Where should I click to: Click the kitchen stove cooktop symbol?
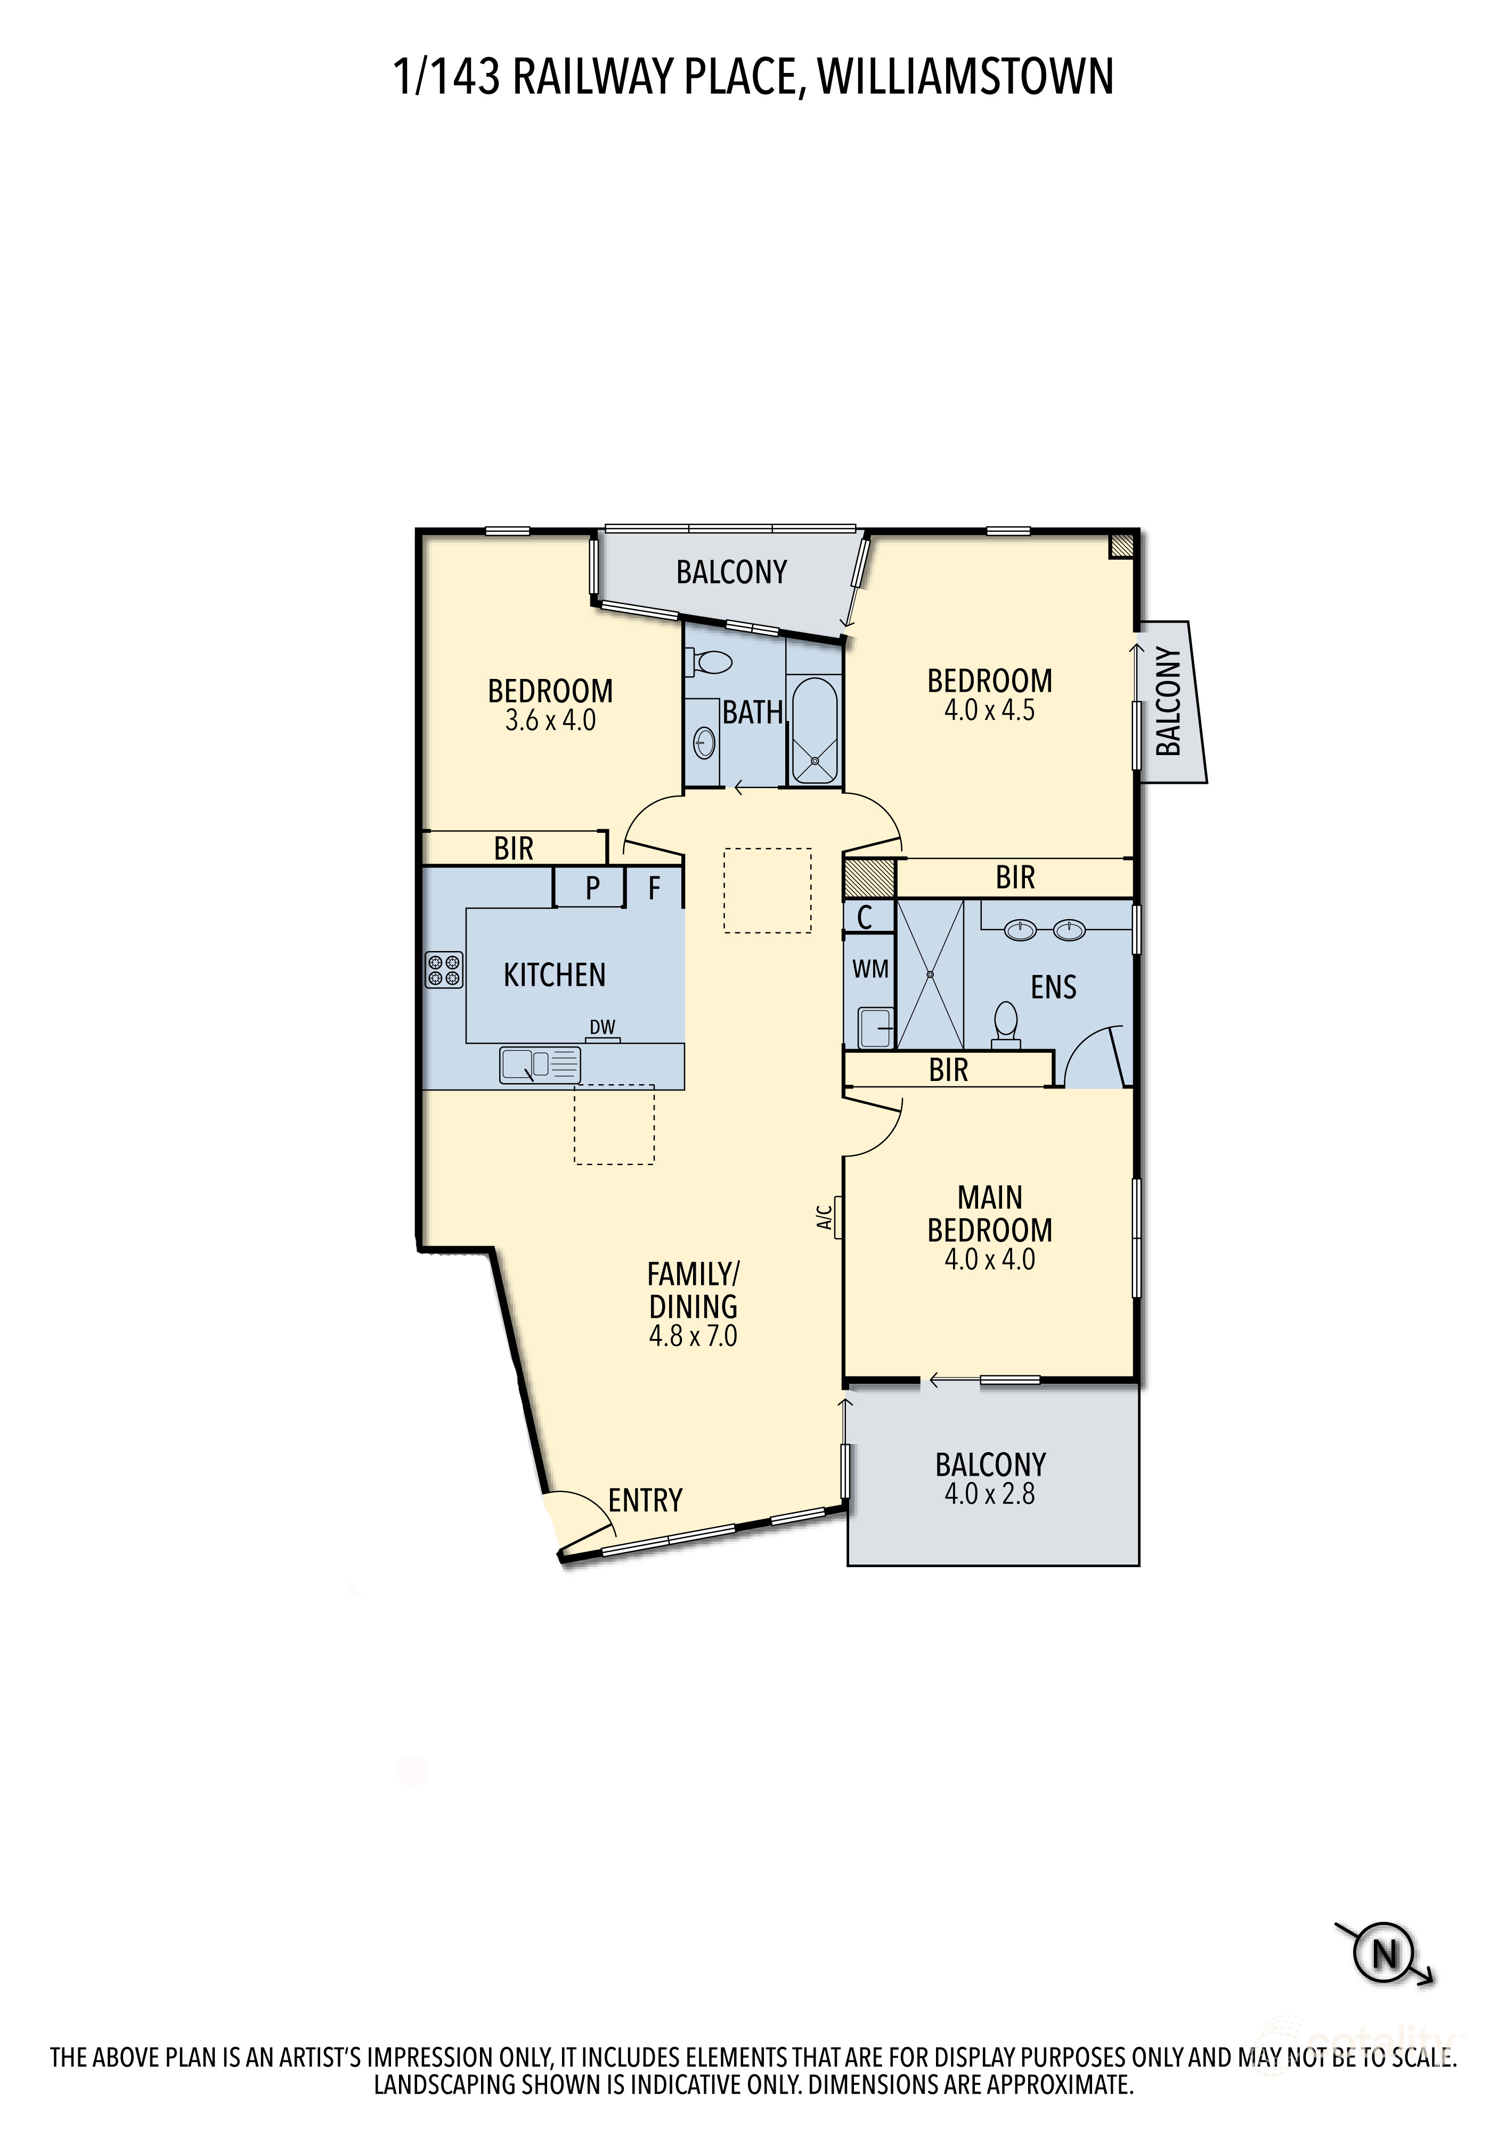(x=444, y=970)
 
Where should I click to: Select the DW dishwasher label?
(x=602, y=1027)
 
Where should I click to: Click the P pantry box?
(x=591, y=888)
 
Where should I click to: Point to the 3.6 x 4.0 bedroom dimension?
(x=550, y=721)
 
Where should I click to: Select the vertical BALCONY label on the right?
(x=1168, y=701)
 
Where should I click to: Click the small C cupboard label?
(x=864, y=917)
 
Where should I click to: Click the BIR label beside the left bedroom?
(x=513, y=848)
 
